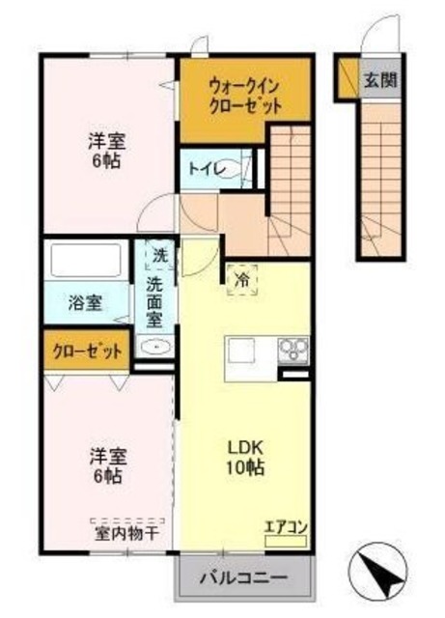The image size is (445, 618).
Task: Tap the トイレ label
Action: tap(208, 170)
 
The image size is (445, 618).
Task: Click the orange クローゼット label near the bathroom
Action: tap(85, 351)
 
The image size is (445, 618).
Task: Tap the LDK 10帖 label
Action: tap(245, 458)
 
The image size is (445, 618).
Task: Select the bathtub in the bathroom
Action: tap(85, 262)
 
